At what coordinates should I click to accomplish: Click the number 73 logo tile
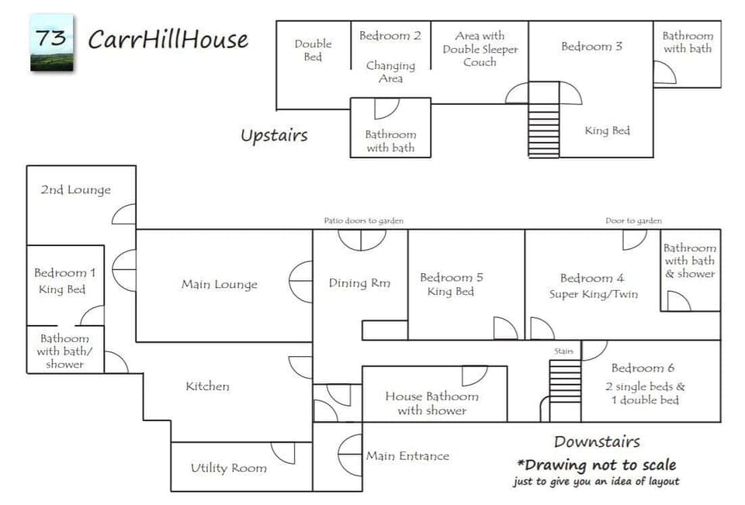(52, 43)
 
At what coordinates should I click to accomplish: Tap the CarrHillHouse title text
(168, 40)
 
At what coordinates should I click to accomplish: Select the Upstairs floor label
(273, 136)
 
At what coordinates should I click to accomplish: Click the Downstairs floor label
(597, 441)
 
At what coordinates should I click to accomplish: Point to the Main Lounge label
(219, 285)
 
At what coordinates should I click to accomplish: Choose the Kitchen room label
(207, 386)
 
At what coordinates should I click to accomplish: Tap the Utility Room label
(228, 468)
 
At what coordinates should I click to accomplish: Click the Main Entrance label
(407, 456)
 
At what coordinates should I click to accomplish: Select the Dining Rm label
(359, 283)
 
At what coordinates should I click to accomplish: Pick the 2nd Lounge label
(75, 190)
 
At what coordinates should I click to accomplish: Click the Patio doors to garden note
(363, 221)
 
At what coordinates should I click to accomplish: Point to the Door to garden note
(633, 221)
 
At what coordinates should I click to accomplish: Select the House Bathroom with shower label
(431, 403)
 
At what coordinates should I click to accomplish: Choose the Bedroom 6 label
(643, 368)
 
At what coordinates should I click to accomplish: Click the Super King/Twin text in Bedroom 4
(594, 294)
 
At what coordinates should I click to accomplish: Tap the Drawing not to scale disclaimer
(596, 465)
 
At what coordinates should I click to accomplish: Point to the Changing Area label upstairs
(390, 72)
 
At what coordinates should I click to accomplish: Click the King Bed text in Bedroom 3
(607, 131)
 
